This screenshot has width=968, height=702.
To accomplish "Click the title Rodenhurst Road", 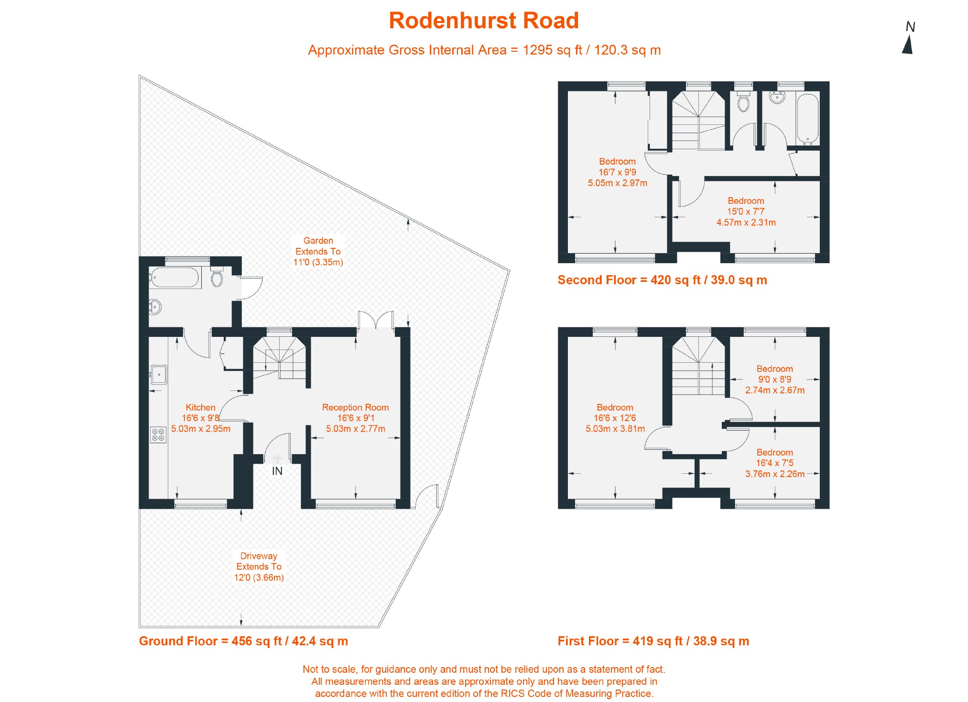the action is (x=483, y=21).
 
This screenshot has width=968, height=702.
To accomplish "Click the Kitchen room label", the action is (x=200, y=408).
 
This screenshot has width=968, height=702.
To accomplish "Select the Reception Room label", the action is (x=355, y=408).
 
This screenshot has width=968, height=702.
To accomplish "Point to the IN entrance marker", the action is (x=277, y=471).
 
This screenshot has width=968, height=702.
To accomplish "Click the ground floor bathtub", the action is (x=174, y=278).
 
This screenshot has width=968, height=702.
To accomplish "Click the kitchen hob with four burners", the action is (x=158, y=435).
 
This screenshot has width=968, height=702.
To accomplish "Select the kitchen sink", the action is (x=159, y=374).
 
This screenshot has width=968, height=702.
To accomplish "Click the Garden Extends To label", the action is (x=318, y=251).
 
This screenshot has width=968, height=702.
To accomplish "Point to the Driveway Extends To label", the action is (x=259, y=567).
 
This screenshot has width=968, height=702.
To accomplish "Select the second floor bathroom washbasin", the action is (x=778, y=97).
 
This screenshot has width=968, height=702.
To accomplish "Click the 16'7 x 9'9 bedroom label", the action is (x=617, y=172).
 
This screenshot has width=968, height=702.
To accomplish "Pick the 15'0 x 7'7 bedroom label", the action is (x=746, y=212).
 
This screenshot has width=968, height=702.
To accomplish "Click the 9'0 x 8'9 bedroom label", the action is (x=774, y=379).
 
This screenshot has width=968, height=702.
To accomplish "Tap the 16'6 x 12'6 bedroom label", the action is (x=615, y=418).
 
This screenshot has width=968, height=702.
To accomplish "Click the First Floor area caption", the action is (x=653, y=641).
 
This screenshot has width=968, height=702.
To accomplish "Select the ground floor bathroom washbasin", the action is (x=155, y=307).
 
